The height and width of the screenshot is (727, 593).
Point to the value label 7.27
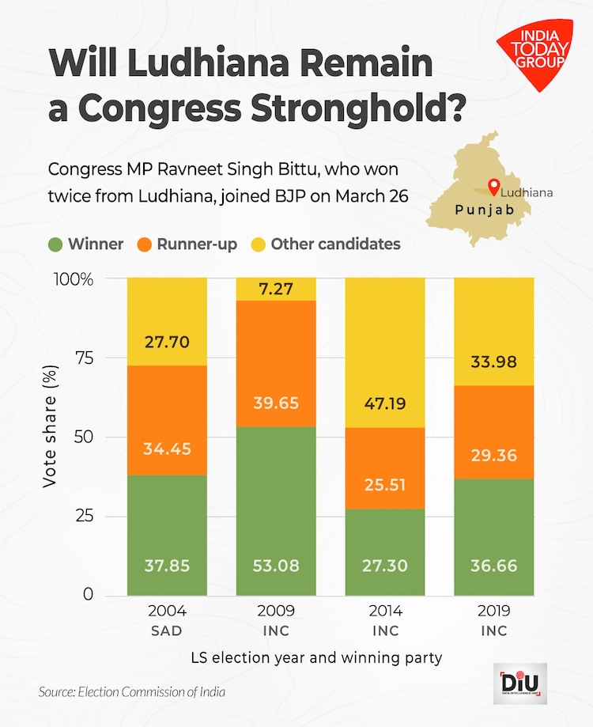pos(276,289)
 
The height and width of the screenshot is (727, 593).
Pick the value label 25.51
pos(385,482)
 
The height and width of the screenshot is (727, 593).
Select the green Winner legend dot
pos(55,244)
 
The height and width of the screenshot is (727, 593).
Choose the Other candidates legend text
pos(335,244)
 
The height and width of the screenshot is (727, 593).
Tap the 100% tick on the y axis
pos(76,279)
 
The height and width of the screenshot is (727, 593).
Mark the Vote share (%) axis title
pos(50,437)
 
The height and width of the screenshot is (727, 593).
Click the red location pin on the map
pos(493,187)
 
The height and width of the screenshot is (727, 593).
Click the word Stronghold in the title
pos(357,108)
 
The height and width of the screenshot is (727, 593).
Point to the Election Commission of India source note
pos(132,692)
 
